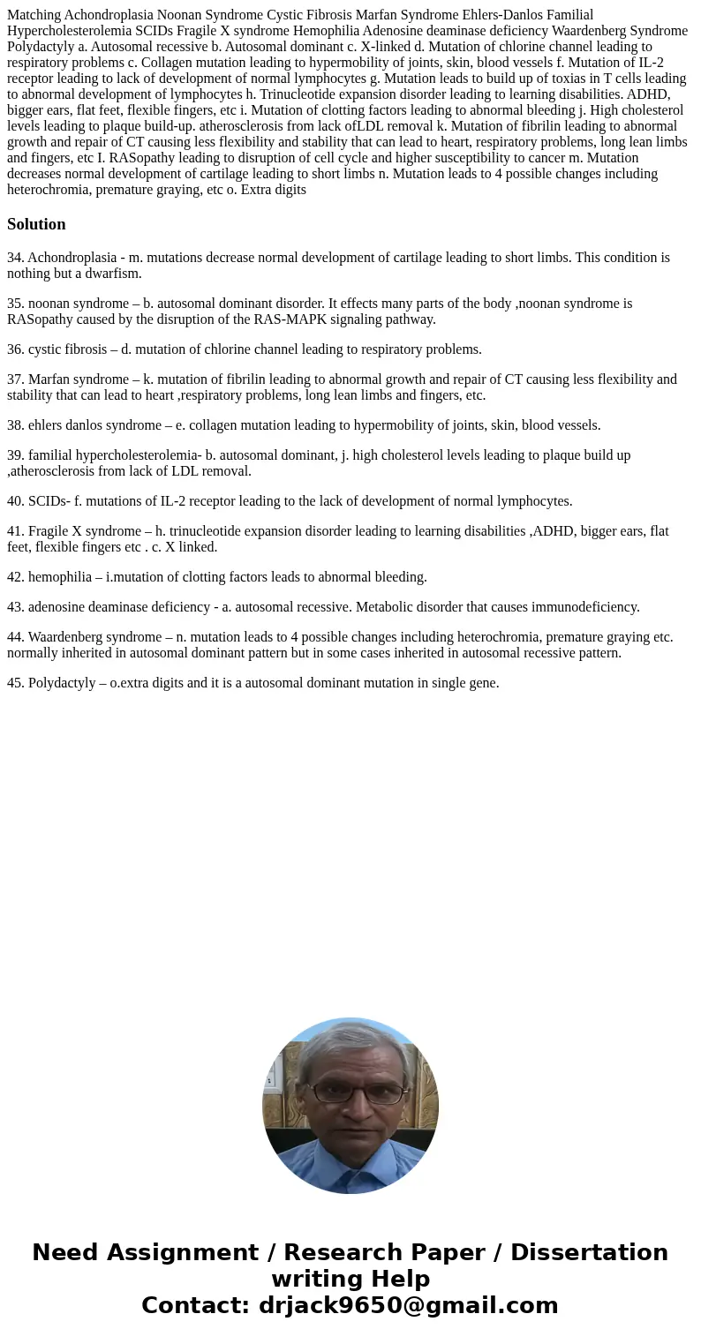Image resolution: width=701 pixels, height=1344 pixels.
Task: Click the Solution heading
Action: pos(36,224)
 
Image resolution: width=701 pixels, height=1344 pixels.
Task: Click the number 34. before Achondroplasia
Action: pos(16,258)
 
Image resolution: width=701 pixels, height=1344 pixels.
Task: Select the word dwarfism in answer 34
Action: pos(114,274)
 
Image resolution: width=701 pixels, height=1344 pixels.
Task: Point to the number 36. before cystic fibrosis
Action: pos(16,349)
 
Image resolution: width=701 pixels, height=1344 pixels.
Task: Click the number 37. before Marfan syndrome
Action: pos(16,379)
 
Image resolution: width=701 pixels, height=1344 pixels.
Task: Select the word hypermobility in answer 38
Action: pos(340,425)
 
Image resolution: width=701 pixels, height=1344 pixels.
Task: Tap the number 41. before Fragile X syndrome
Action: pos(16,531)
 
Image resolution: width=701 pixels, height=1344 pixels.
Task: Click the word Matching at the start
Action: pos(34,15)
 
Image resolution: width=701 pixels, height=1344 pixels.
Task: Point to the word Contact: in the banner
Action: pos(195,1306)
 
